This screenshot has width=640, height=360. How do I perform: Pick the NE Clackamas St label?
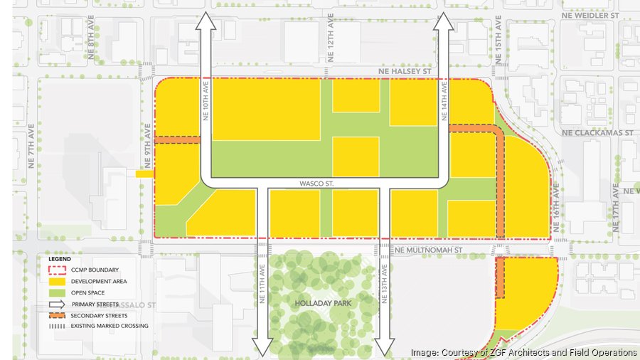tap(597, 132)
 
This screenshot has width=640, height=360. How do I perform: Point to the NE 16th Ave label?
tap(556, 204)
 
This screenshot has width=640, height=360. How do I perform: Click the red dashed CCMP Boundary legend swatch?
tap(56, 270)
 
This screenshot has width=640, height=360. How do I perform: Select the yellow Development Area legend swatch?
tap(56, 281)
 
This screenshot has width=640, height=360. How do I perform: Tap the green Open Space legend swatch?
tap(56, 292)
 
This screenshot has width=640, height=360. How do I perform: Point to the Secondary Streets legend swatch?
tap(56, 315)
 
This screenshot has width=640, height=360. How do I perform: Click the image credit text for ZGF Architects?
tap(523, 352)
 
